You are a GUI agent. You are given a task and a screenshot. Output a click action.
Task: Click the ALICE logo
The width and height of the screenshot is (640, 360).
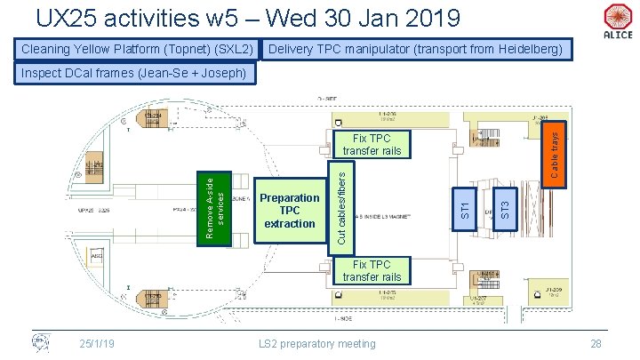[617, 20]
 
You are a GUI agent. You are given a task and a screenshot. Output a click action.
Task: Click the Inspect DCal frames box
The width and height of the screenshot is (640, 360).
[133, 72]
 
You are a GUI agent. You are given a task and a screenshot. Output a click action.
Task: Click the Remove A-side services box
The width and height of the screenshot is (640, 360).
[214, 207]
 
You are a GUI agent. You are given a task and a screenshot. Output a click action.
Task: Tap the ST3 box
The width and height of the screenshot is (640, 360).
[505, 208]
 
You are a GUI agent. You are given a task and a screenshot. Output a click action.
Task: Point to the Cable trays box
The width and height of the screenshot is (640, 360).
[554, 153]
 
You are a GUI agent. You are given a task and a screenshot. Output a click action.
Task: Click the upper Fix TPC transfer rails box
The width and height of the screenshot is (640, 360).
[372, 145]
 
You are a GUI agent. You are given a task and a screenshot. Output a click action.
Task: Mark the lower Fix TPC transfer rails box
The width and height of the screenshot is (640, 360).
[372, 271]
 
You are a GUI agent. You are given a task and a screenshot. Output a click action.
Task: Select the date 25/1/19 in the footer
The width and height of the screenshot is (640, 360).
[96, 343]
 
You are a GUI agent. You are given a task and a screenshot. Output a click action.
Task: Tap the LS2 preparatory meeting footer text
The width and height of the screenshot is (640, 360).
[317, 343]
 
